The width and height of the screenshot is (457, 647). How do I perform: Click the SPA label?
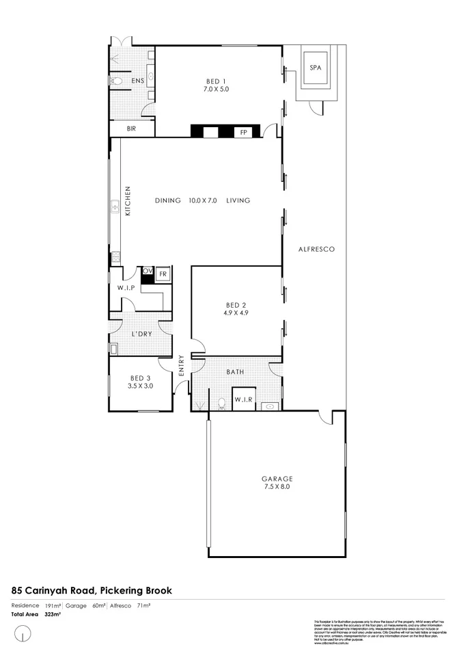pos(315,68)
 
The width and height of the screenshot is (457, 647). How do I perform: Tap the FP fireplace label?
pos(243,133)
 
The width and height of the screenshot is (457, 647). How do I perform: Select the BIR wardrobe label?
pos(131,129)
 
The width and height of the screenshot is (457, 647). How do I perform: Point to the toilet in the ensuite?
pos(116,81)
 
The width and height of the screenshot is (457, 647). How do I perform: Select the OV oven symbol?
pos(147,272)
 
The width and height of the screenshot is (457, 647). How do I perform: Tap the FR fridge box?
pos(163,274)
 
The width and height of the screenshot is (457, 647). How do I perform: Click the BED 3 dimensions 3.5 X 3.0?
pos(140,386)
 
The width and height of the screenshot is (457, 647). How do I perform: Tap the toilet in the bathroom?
pos(221,403)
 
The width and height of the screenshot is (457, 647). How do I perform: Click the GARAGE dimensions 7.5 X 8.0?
pos(276,487)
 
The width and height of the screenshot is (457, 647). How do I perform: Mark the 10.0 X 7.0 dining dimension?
pos(202,200)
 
